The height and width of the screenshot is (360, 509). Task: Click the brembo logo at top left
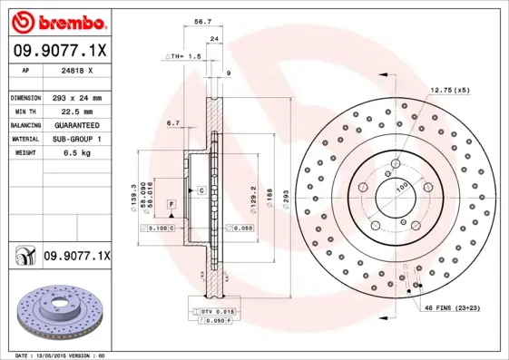coord(56,21)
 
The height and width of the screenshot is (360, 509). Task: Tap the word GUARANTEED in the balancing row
coord(75,124)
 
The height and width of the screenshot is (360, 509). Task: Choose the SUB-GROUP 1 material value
coord(75,139)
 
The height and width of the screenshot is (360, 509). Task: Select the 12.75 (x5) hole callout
coord(451,90)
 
